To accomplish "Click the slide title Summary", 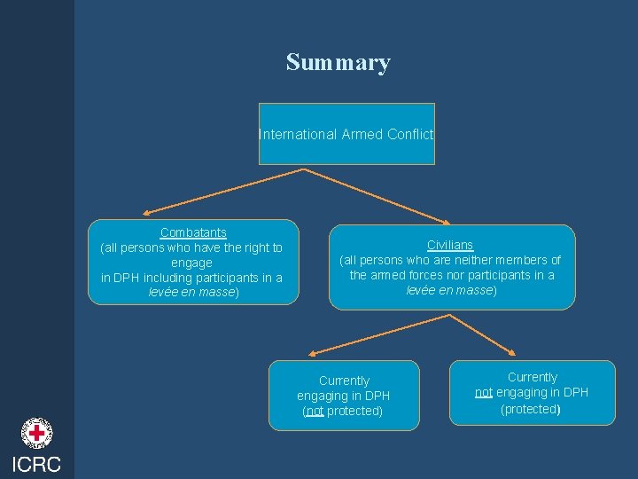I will coord(338,63).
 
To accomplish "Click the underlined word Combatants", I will coord(193,233).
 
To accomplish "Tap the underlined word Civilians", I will coord(450,245).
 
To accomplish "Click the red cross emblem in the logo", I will coord(36,434).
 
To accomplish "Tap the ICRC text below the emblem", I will coord(36,464).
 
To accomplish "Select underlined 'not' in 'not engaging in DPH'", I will coord(484,392).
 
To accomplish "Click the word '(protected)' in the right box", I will coord(530,409).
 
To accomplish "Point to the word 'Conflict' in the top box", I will coord(411,135).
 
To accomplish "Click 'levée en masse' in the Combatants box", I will coord(191,292).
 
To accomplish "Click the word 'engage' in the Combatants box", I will coord(191,263).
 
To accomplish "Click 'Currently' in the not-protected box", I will coord(344,381).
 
